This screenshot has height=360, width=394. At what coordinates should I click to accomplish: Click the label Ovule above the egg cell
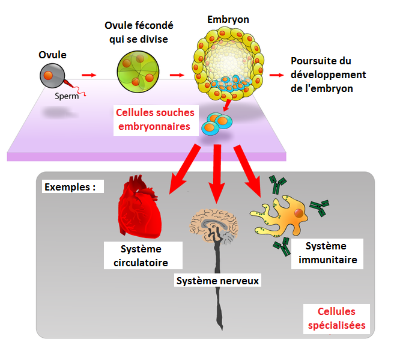pyautogui.click(x=52, y=55)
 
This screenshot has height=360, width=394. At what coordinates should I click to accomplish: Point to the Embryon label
pyautogui.click(x=228, y=20)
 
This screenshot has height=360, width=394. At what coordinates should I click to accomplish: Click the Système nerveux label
pyautogui.click(x=218, y=279)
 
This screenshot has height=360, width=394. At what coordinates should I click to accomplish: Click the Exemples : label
pyautogui.click(x=70, y=186)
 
